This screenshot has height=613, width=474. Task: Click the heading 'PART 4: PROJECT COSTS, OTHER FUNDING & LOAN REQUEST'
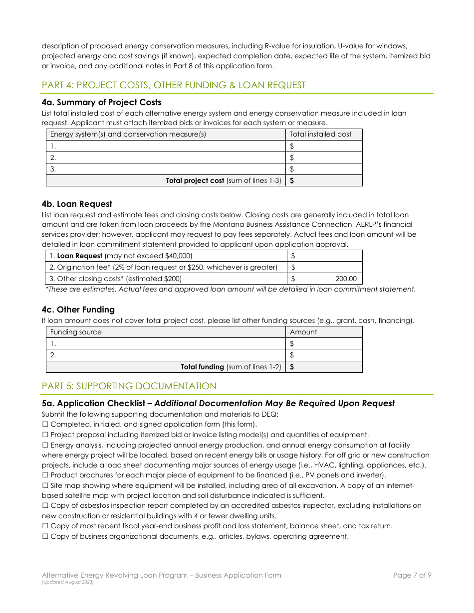pyautogui.click(x=174, y=85)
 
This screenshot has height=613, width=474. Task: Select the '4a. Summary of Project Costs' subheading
pyautogui.click(x=102, y=102)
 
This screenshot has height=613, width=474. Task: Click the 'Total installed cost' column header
pyautogui.click(x=320, y=134)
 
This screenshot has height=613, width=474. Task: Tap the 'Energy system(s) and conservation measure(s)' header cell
pyautogui.click(x=128, y=134)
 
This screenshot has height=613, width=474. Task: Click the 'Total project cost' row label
pyautogui.click(x=224, y=180)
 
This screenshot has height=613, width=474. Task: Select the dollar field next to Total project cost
pyautogui.click(x=324, y=180)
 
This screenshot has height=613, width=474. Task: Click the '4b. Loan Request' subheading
pyautogui.click(x=77, y=204)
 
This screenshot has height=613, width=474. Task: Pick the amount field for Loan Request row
pyautogui.click(x=324, y=256)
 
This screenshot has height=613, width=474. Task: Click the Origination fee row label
pyautogui.click(x=164, y=267)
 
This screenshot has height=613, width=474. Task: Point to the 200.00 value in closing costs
pyautogui.click(x=346, y=279)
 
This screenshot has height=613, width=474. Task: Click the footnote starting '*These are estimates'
pyautogui.click(x=230, y=289)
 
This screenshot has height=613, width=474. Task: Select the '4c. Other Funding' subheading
pyautogui.click(x=78, y=309)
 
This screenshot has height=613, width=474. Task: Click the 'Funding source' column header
pyautogui.click(x=76, y=332)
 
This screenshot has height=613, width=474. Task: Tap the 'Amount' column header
pyautogui.click(x=303, y=332)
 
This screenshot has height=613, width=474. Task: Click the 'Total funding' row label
pyautogui.click(x=231, y=367)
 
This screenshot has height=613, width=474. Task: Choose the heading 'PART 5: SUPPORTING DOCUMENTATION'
pyautogui.click(x=129, y=386)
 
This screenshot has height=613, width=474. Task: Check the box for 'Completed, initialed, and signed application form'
pyautogui.click(x=45, y=424)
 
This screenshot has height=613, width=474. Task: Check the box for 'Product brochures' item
pyautogui.click(x=45, y=475)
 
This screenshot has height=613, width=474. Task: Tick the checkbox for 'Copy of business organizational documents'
pyautogui.click(x=45, y=536)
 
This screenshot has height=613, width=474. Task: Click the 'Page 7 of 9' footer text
pyautogui.click(x=412, y=575)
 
